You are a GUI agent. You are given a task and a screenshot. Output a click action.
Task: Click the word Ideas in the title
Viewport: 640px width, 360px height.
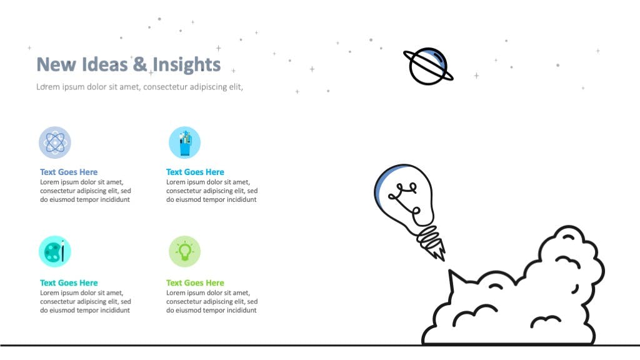point(104,64)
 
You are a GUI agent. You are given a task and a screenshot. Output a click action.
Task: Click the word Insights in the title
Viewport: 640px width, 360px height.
point(186,65)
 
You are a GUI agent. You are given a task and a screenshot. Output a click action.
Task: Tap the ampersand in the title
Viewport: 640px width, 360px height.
point(140,64)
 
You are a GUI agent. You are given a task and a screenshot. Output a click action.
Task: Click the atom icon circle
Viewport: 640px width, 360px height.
point(55,142)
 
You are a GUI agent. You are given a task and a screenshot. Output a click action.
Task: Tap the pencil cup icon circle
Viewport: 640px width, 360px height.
point(184,142)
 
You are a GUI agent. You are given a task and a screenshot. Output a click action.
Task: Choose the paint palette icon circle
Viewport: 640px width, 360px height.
point(55,251)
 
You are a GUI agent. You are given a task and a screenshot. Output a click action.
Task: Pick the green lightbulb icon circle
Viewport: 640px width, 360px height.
point(184,251)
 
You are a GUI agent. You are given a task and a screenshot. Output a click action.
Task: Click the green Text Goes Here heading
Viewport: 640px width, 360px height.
point(195,283)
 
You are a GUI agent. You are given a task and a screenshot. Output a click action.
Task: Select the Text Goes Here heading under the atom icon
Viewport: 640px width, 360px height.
point(69,172)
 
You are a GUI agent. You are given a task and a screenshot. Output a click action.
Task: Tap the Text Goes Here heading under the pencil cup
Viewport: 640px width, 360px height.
point(195,172)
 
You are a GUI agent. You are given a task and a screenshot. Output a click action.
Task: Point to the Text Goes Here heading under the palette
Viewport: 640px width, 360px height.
point(69,283)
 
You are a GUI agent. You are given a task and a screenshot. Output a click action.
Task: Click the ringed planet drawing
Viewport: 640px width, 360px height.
point(428,66)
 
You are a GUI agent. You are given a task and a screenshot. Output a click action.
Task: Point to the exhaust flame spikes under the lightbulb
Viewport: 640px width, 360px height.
point(438,251)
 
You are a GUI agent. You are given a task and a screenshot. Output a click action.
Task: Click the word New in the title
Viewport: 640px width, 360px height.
point(56,64)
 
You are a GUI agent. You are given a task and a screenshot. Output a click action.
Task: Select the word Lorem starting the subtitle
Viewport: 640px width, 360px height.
point(48,87)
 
